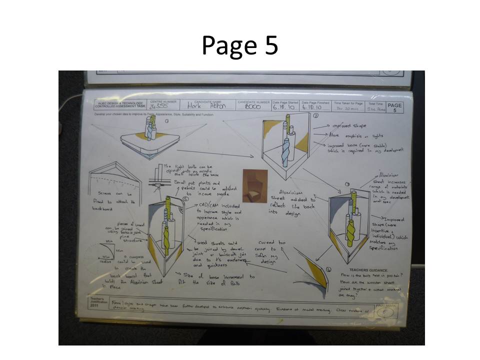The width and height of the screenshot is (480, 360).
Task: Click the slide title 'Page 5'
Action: pyautogui.click(x=239, y=46)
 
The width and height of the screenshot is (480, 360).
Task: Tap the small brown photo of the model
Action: pyautogui.click(x=254, y=185)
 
